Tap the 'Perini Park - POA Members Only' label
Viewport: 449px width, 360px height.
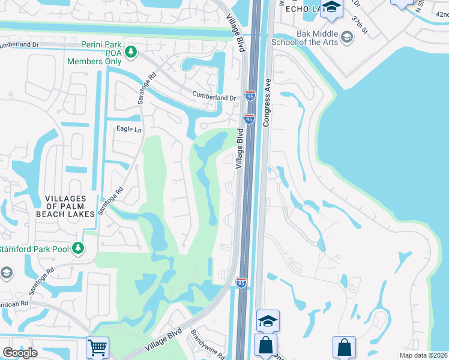pos(95,53)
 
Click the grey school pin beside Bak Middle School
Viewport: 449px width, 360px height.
pos(346,38)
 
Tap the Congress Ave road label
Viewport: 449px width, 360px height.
pos(268,101)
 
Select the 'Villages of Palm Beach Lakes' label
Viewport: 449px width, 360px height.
pos(70,206)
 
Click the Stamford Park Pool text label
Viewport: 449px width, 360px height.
pos(34,248)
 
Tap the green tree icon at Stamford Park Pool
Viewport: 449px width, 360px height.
pos(77,247)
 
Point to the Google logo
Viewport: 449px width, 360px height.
pos(20,352)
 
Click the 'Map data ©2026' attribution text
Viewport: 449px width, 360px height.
pos(423,355)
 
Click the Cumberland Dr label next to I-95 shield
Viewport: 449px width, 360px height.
pos(214,96)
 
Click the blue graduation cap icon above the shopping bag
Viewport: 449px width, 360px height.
pos(268,320)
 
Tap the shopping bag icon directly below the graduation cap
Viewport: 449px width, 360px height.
pos(265,346)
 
